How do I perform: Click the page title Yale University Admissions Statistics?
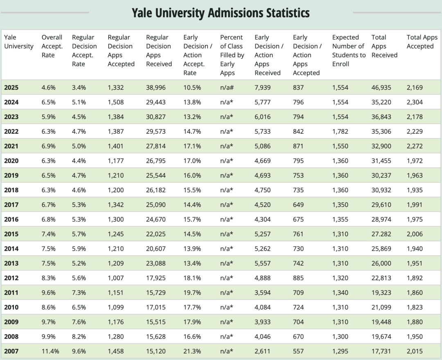(221, 13)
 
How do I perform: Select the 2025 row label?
(11, 88)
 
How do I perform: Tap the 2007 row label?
(11, 351)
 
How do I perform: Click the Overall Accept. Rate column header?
(52, 46)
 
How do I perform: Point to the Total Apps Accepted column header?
(422, 42)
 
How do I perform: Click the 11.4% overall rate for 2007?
(50, 351)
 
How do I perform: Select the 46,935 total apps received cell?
(381, 88)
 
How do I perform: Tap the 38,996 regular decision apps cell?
(156, 88)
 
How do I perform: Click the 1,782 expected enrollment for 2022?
(341, 132)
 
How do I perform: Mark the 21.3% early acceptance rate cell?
(192, 351)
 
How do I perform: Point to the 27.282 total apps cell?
(381, 234)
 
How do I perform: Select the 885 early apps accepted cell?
(298, 278)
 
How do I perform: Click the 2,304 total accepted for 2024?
(415, 102)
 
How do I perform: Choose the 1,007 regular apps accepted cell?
(116, 278)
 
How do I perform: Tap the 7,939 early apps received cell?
(263, 88)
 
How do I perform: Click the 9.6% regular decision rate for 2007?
(79, 351)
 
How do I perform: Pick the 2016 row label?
(11, 219)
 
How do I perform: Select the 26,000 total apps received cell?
(381, 263)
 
